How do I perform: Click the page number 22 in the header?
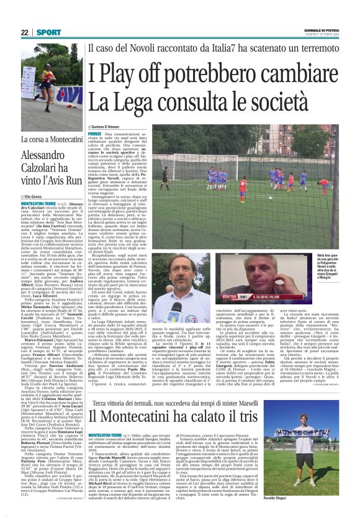tap(25, 32)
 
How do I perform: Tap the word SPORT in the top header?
tap(45, 32)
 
